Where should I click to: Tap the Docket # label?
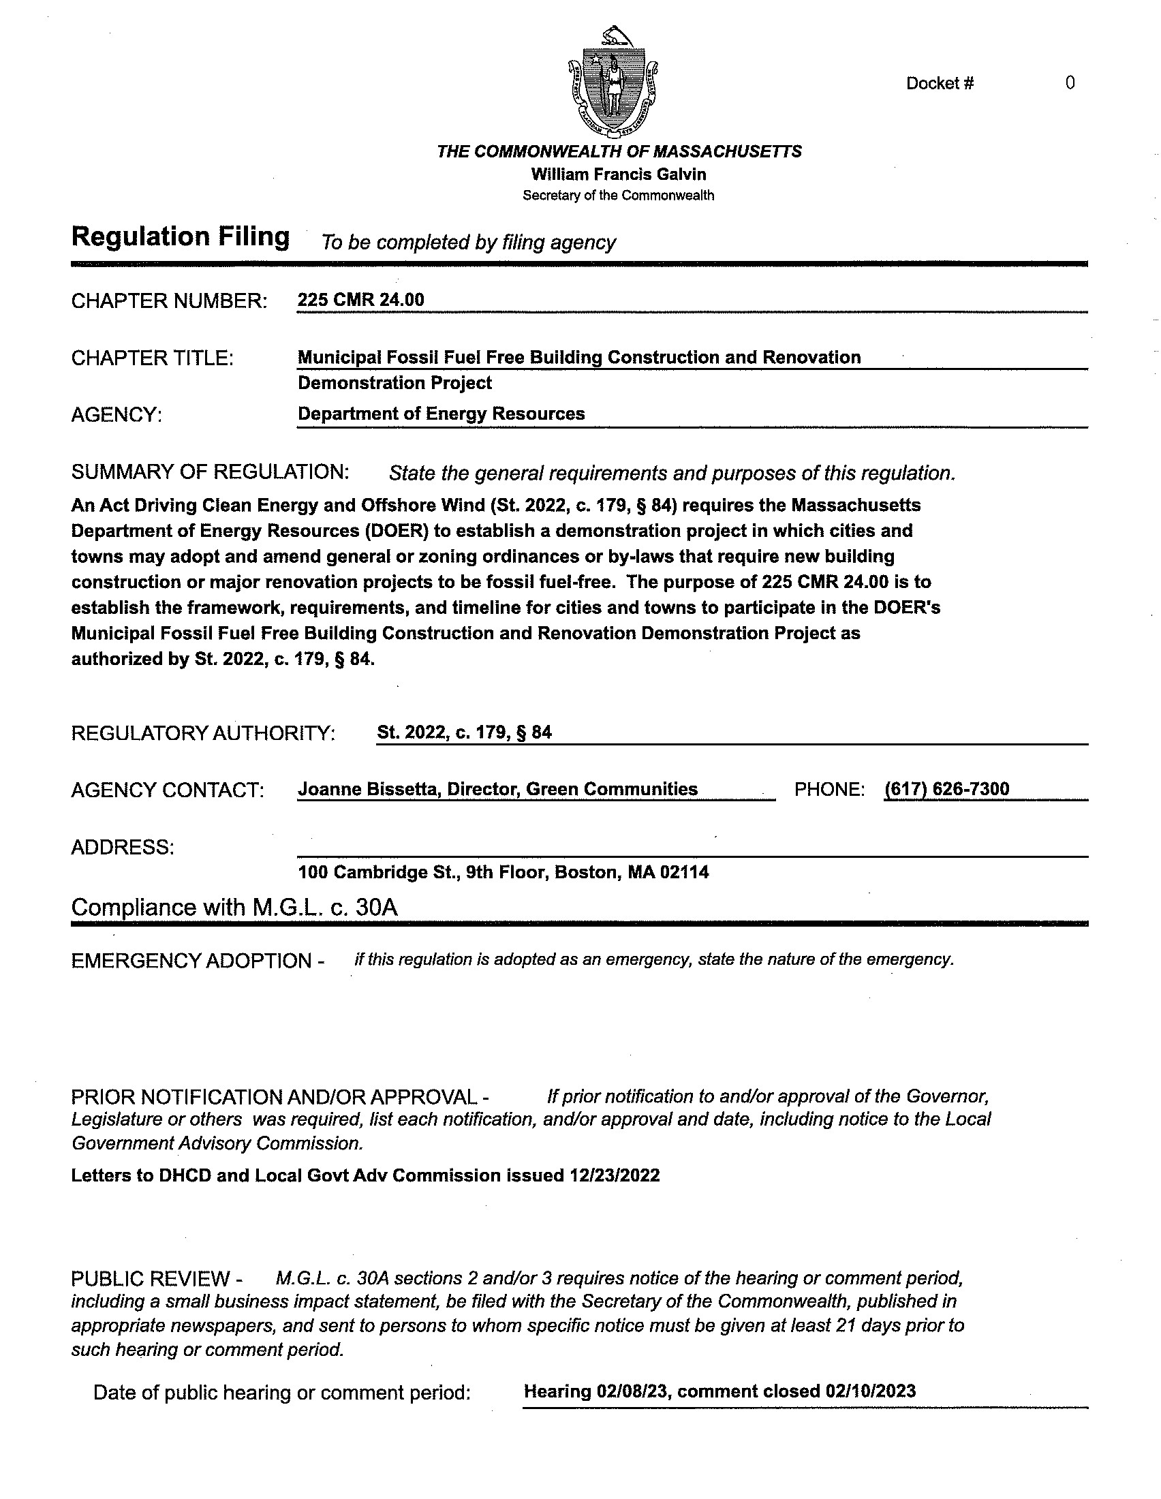click(x=940, y=84)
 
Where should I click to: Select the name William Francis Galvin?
click(x=618, y=174)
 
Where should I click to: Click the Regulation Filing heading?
click(x=181, y=237)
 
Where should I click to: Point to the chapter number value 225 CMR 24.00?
click(x=361, y=300)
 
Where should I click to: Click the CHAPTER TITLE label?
click(x=153, y=358)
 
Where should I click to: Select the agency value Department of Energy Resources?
click(x=442, y=414)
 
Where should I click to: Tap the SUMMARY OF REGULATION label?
click(x=210, y=472)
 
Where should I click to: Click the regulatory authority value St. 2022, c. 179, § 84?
click(x=464, y=732)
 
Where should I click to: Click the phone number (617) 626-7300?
click(x=947, y=789)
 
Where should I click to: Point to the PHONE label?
click(x=829, y=790)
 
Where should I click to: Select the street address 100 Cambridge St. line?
click(x=503, y=872)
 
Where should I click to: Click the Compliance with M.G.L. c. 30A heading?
click(x=234, y=908)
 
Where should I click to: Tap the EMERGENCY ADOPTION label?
click(x=198, y=961)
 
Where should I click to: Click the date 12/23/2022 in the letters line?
click(x=614, y=1176)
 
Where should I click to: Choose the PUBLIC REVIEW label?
click(x=157, y=1279)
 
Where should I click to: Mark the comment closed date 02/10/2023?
click(x=871, y=1391)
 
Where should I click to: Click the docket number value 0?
click(x=1070, y=84)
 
